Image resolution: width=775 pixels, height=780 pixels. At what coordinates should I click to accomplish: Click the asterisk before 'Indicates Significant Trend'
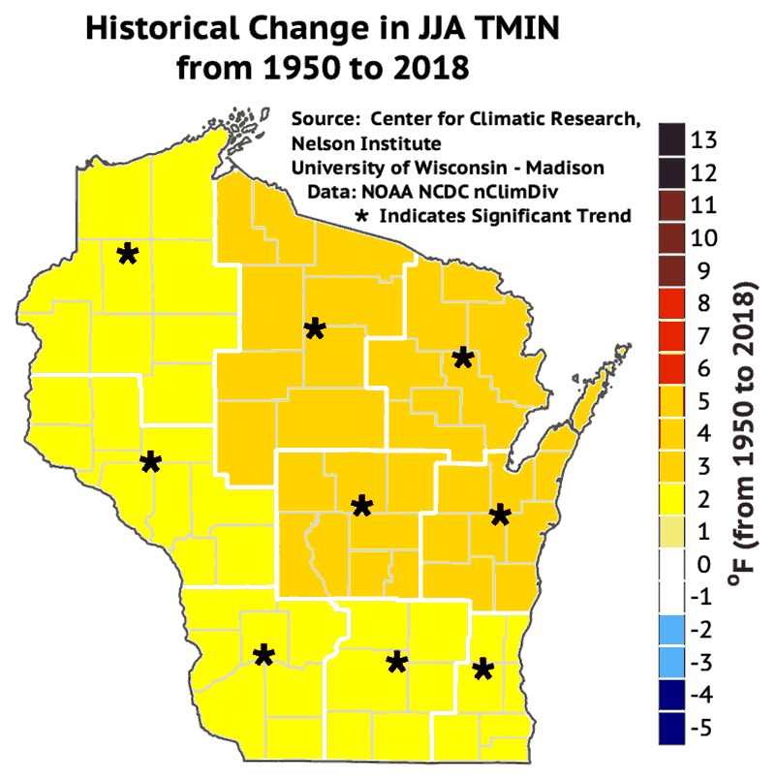point(364,215)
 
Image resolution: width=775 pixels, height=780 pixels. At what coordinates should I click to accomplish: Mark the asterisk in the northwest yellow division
point(127,254)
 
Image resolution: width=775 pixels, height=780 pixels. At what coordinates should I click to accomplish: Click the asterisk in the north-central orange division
point(314,329)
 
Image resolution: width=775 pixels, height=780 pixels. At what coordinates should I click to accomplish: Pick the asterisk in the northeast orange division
point(462,359)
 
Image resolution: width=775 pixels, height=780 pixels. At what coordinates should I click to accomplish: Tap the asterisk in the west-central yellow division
point(150,462)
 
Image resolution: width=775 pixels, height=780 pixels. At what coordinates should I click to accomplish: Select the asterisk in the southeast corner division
point(483,669)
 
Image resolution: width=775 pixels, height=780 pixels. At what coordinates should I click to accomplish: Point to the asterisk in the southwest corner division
point(263,656)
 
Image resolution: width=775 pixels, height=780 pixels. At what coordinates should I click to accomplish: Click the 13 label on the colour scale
point(704,140)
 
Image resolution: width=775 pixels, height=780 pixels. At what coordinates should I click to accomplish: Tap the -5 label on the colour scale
point(702,727)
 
